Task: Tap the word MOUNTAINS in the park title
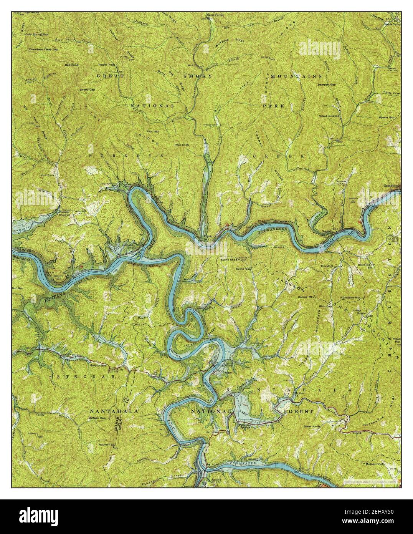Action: point(296,76)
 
